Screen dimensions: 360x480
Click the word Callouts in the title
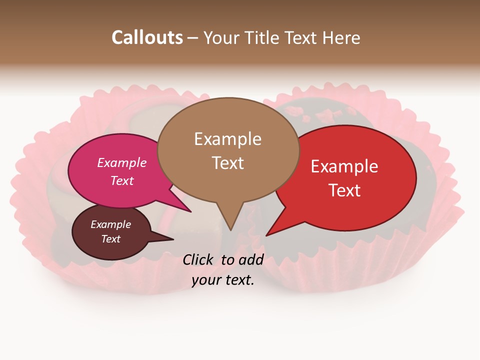[x=147, y=37]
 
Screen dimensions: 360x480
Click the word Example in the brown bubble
[x=227, y=139]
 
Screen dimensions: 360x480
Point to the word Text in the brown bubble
[x=227, y=162]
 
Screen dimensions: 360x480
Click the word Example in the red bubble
[x=344, y=166]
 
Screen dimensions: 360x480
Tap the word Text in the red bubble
[x=344, y=190]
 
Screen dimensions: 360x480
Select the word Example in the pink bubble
[x=122, y=162]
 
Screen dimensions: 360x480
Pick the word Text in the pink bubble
[x=122, y=180]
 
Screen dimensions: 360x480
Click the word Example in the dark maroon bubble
[x=110, y=224]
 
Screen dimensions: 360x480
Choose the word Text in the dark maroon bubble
[x=110, y=239]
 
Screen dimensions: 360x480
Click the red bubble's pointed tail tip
[x=266, y=235]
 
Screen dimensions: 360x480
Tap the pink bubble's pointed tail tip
[x=190, y=211]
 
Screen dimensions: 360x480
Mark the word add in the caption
[x=251, y=259]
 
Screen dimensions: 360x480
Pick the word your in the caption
[x=206, y=280]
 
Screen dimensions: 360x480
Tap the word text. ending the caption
[x=239, y=280]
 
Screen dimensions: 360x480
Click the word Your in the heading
[x=223, y=37]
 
